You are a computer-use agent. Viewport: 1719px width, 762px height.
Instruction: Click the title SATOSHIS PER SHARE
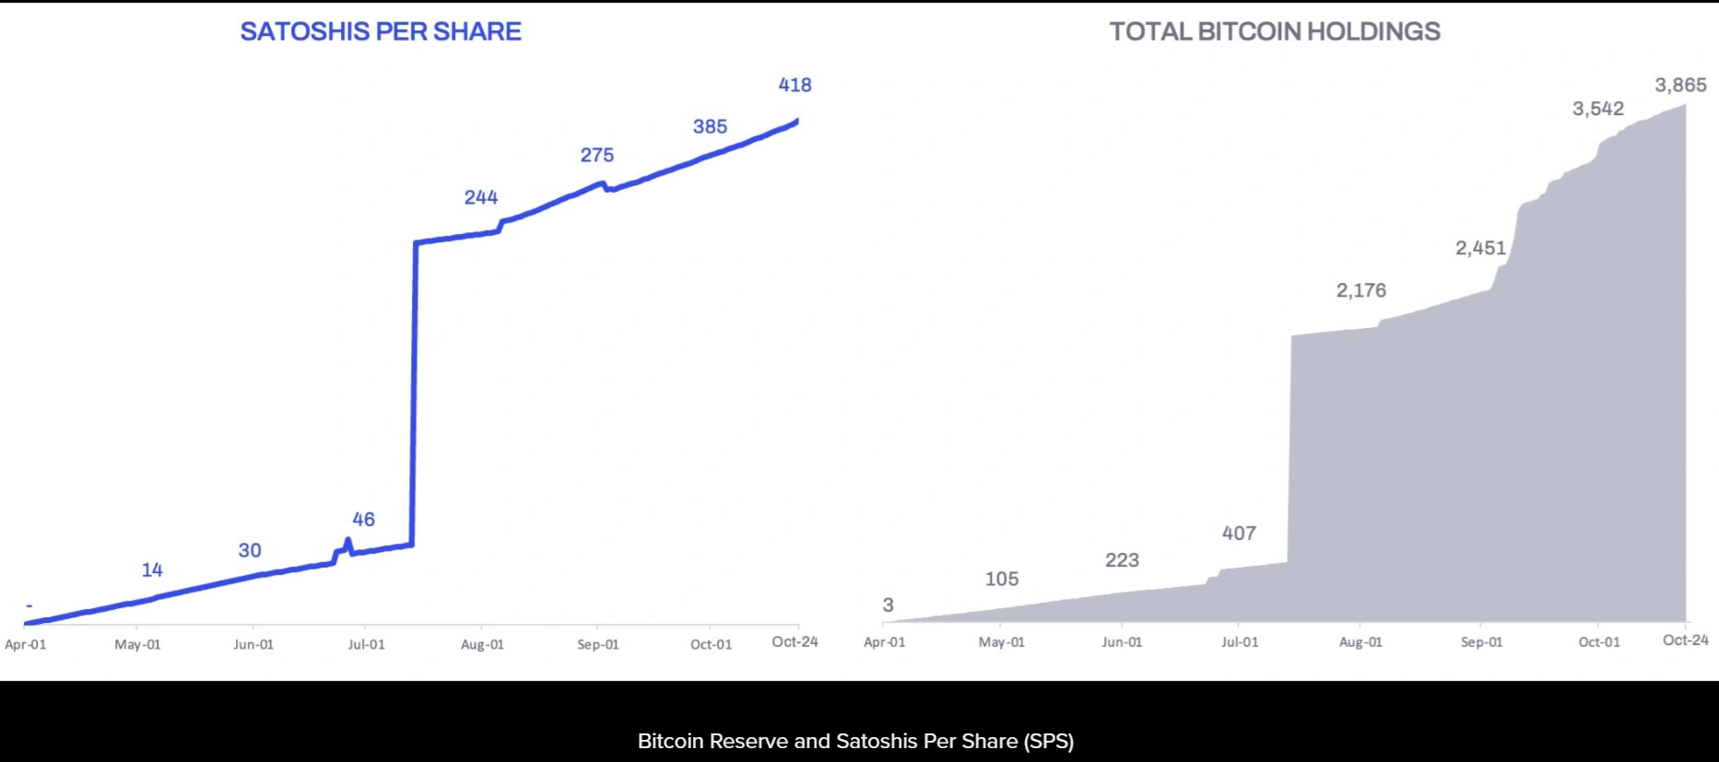[381, 31]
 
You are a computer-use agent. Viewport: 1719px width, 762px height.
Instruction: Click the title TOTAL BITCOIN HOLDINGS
[1275, 31]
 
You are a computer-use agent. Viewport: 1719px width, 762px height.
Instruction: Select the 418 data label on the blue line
[795, 85]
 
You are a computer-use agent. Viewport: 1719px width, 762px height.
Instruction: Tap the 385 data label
[710, 126]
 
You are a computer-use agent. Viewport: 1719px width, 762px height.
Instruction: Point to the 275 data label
[596, 155]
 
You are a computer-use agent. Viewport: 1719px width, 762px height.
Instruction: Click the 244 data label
[480, 197]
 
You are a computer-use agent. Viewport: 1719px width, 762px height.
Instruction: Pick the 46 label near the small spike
[363, 520]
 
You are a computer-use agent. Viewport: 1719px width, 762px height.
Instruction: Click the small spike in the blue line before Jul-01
[347, 542]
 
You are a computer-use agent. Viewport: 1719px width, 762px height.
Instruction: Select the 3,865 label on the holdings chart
[1680, 86]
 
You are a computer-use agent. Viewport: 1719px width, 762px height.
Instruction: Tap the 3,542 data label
[1597, 109]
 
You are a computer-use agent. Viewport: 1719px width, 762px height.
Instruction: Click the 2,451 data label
[1480, 248]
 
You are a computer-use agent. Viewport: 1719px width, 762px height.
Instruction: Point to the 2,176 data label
[1360, 290]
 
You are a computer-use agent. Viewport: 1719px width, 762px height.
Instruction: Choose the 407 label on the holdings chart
[1239, 533]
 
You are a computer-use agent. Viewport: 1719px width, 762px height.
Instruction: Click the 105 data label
[1001, 579]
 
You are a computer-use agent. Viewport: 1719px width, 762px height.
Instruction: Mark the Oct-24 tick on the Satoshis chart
[795, 641]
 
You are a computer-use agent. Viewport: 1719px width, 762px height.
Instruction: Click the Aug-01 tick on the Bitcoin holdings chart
[1360, 642]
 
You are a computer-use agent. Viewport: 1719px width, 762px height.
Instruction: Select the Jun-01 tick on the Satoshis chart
[253, 644]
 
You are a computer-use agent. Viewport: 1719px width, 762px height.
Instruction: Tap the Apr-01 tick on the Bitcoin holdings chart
[884, 642]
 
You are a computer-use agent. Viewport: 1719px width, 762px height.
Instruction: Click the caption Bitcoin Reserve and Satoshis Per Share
[855, 741]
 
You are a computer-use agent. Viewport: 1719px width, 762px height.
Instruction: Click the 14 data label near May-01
[152, 570]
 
